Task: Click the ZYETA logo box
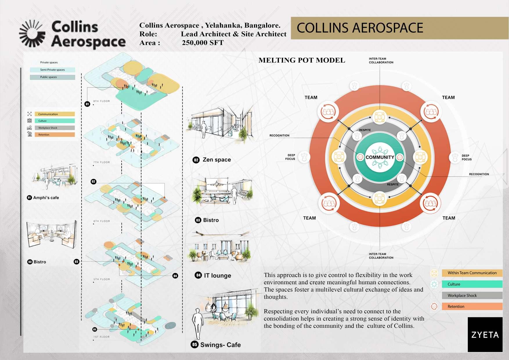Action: coord(485,334)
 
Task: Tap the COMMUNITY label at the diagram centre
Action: coord(380,157)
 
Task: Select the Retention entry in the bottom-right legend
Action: coord(472,307)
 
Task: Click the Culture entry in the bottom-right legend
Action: coord(472,284)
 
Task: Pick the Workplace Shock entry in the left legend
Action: coord(55,128)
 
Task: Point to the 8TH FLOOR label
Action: coord(102,101)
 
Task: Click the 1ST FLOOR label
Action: coord(102,337)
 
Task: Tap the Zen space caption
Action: coord(216,160)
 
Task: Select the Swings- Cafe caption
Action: coord(220,345)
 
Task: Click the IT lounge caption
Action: coord(217,276)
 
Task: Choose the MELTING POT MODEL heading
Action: coord(302,60)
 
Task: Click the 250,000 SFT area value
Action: coord(203,43)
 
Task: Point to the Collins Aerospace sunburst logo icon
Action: coord(32,34)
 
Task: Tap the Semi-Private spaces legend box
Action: coord(53,70)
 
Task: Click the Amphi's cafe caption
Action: coord(46,198)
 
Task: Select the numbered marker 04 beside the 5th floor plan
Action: coord(175,276)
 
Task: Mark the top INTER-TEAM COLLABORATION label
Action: coord(381,60)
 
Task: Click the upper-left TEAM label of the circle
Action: coord(311,98)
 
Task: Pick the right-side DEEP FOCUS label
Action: coord(466,157)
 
